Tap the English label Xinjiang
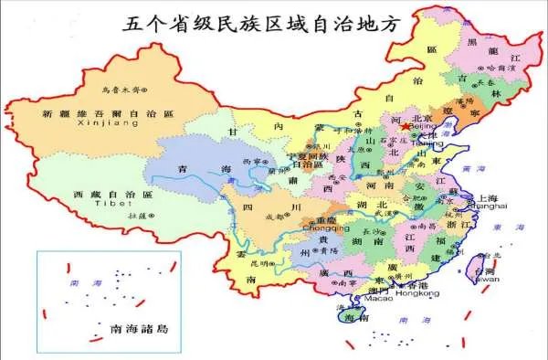(x=101, y=122)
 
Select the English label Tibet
(x=108, y=206)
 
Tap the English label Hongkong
(x=419, y=293)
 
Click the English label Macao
(x=378, y=298)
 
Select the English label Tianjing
(x=427, y=143)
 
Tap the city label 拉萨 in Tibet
(x=140, y=215)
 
